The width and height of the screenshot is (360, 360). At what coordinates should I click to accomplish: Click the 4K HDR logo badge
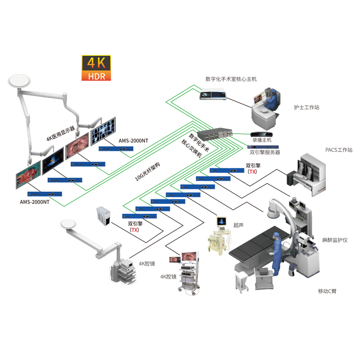(x=96, y=68)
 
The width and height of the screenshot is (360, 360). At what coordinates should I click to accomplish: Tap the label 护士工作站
(x=306, y=107)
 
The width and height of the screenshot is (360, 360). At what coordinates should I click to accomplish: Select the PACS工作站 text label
(x=339, y=150)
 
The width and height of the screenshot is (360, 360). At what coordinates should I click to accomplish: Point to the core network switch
(x=215, y=134)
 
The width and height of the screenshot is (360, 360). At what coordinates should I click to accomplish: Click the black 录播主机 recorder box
(x=261, y=134)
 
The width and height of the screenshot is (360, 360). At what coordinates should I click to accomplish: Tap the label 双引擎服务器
(x=265, y=152)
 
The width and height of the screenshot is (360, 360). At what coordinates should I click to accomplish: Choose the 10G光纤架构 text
(x=147, y=171)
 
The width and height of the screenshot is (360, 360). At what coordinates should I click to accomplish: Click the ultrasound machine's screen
(x=221, y=221)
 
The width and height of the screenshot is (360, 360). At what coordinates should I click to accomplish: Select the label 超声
(x=238, y=225)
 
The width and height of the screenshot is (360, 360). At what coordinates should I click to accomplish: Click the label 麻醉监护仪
(x=335, y=240)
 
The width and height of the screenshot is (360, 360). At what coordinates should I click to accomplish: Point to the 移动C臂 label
(x=327, y=291)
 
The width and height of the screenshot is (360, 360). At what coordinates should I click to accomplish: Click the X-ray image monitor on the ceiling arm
(x=103, y=131)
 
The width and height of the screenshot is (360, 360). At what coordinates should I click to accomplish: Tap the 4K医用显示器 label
(x=61, y=133)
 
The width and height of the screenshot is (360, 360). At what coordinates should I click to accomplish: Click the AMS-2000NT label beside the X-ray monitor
(x=133, y=140)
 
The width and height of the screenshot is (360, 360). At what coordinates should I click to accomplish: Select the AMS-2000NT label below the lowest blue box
(x=35, y=202)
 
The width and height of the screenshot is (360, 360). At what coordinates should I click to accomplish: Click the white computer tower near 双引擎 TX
(x=103, y=216)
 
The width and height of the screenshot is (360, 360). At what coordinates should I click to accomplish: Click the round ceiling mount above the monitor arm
(x=19, y=81)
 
